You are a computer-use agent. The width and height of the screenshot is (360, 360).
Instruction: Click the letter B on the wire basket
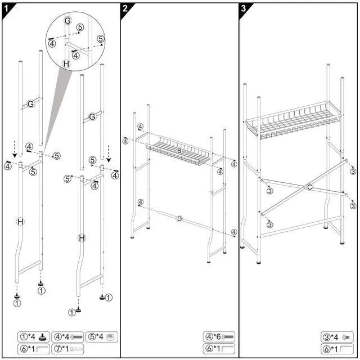179,151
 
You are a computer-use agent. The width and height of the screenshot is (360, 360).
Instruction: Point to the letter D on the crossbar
179,218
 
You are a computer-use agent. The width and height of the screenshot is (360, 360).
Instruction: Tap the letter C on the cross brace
309,186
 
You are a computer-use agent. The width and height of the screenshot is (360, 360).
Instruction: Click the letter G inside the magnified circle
67,20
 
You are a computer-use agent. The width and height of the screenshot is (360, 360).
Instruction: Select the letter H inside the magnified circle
66,64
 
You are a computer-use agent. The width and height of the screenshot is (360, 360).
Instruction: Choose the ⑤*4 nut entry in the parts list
101,337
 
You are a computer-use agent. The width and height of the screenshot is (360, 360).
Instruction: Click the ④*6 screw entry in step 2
219,337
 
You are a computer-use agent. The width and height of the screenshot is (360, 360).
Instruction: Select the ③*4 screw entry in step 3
337,337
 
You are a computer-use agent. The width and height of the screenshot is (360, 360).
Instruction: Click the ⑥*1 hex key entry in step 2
219,349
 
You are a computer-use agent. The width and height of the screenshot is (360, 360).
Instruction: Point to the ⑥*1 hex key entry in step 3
337,349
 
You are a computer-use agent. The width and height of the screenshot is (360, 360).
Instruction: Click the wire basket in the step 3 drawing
290,120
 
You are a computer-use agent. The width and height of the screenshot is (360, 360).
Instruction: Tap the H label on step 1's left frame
21,222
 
